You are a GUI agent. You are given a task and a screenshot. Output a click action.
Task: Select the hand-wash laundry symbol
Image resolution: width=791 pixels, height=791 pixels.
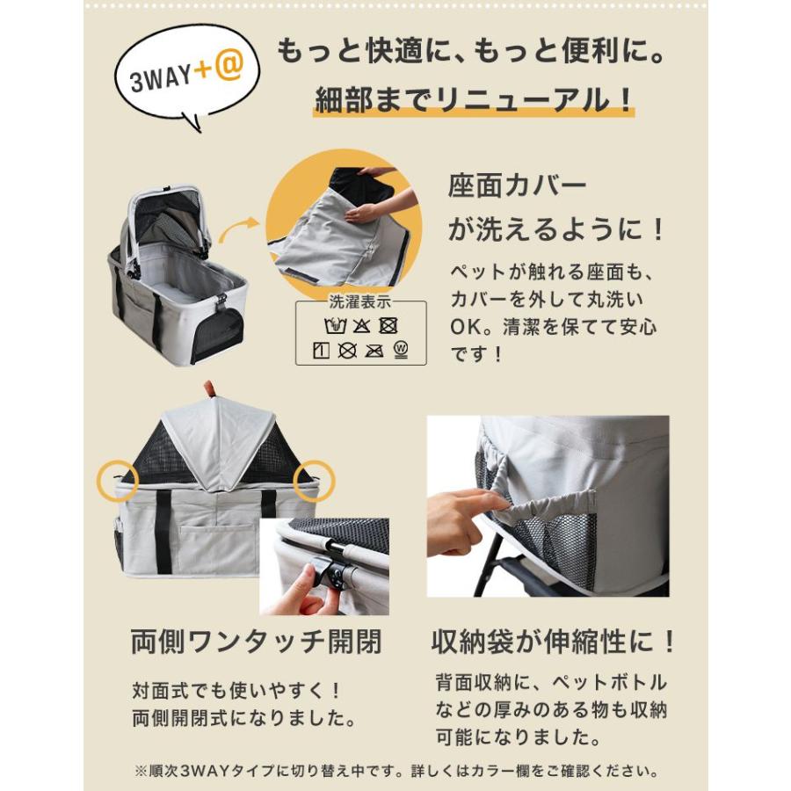pos(335,327)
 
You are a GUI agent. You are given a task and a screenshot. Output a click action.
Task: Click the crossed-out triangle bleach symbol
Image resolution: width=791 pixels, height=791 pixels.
pos(361,327)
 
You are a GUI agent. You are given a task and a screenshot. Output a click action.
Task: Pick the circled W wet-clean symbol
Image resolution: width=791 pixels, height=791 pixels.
pos(401,350)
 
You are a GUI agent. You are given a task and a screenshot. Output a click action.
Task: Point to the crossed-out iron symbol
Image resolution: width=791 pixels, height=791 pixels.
pos(374,351)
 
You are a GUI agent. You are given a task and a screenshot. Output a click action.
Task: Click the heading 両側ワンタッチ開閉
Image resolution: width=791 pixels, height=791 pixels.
pos(255,642)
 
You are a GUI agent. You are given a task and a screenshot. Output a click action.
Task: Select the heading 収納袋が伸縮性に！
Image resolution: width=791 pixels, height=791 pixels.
pos(555,642)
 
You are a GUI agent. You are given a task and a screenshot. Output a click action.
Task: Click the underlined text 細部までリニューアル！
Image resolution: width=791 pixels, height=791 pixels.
pos(474,99)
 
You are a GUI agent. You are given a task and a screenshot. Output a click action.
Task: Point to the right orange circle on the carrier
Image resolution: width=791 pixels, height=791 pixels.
pos(318,477)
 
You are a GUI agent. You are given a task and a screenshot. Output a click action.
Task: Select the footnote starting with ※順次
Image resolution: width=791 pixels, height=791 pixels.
pos(395,772)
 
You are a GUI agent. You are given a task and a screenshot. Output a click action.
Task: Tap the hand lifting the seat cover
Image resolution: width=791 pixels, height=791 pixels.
pos(362,214)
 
